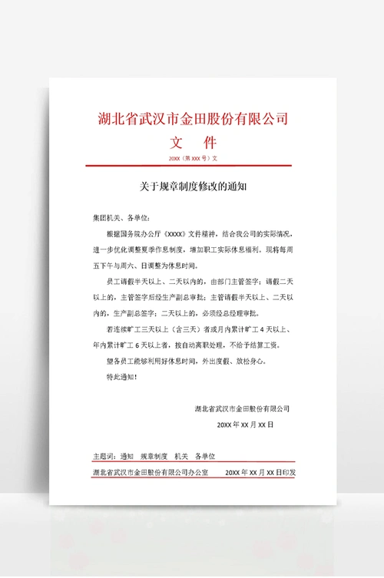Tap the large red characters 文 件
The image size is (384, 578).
193,143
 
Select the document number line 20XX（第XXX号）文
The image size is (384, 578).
193,158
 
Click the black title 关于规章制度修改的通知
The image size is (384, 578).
192,187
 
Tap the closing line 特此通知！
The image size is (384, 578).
121,377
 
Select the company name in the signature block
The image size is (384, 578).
242,408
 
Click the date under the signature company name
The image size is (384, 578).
245,424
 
